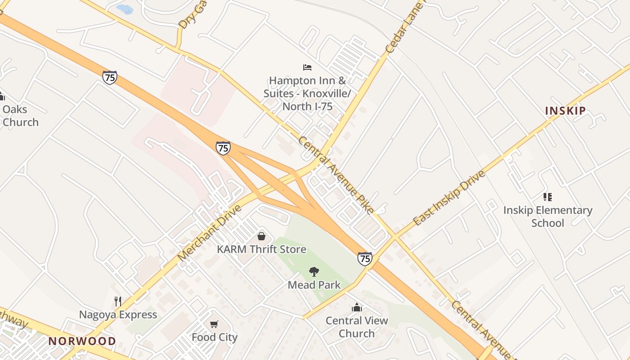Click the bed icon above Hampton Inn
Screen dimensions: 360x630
pyautogui.click(x=307, y=67)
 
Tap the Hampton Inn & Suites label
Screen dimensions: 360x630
pyautogui.click(x=307, y=94)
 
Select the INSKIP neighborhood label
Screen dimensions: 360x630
pyautogui.click(x=565, y=111)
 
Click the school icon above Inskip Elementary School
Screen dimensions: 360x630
pyautogui.click(x=547, y=197)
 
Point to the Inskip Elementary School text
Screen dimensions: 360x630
pyautogui.click(x=548, y=216)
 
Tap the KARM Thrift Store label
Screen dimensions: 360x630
pyautogui.click(x=261, y=249)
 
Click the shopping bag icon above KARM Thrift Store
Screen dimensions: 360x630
pyautogui.click(x=261, y=236)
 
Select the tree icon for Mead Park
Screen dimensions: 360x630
pyautogui.click(x=314, y=271)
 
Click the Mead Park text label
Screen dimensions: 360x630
pyautogui.click(x=314, y=285)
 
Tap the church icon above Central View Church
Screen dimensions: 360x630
pyautogui.click(x=357, y=307)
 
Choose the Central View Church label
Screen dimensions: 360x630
pyautogui.click(x=357, y=327)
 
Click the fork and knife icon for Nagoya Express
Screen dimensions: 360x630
pyautogui.click(x=118, y=301)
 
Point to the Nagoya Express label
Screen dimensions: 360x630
pyautogui.click(x=118, y=315)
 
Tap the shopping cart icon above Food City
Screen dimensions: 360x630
pyautogui.click(x=214, y=324)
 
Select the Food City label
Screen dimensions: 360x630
pyautogui.click(x=214, y=337)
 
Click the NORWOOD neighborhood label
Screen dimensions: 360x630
pyautogui.click(x=82, y=341)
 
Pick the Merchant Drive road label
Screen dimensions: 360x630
pyautogui.click(x=209, y=233)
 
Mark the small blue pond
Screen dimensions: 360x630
pyautogui.click(x=125, y=9)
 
